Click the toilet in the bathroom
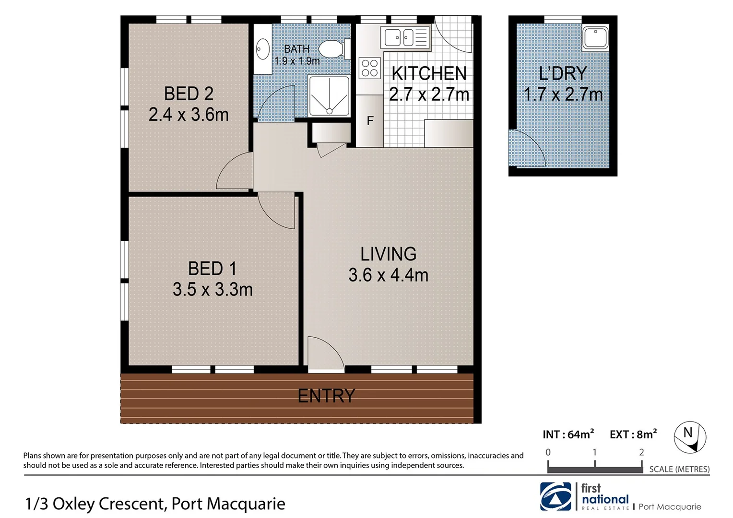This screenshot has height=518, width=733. (x=331, y=49)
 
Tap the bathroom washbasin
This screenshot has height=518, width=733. (x=262, y=49)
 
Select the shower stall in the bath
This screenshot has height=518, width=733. (x=329, y=96)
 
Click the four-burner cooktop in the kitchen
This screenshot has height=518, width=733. (x=369, y=68)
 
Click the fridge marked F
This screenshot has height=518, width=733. (x=370, y=121)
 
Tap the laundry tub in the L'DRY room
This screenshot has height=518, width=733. (x=595, y=37)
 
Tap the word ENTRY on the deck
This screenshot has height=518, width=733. (x=326, y=396)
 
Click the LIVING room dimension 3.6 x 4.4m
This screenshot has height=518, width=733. (x=388, y=275)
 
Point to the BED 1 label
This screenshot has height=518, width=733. (x=212, y=269)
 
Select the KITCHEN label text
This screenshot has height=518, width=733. (x=429, y=73)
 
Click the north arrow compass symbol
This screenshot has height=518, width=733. (x=690, y=437)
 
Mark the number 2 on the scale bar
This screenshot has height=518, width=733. (x=641, y=452)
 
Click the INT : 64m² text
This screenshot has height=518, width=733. (x=568, y=435)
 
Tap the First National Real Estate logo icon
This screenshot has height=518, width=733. (x=556, y=496)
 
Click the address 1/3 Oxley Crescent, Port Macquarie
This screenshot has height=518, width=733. (x=155, y=504)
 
